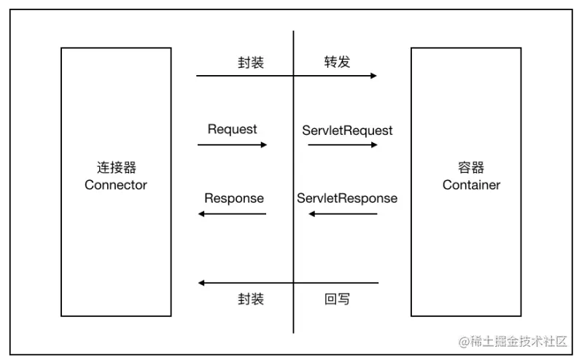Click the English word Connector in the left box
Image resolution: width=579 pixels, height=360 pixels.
tap(115, 185)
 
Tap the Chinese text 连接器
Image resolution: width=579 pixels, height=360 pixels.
tap(115, 167)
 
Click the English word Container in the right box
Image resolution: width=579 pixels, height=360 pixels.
tap(471, 185)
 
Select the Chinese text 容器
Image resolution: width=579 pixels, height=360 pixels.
tap(471, 167)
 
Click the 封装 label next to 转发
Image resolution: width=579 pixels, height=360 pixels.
tap(250, 62)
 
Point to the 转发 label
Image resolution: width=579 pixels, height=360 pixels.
tap(337, 62)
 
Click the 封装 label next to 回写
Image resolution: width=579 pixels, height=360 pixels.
tap(250, 299)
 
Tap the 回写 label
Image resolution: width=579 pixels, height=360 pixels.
tap(337, 299)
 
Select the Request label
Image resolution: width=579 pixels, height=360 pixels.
tap(232, 129)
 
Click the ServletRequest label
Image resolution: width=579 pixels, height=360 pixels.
tap(347, 130)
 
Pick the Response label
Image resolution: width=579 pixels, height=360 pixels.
tap(233, 198)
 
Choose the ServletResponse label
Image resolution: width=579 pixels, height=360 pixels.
tap(347, 198)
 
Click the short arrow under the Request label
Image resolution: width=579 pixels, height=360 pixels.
tap(232, 145)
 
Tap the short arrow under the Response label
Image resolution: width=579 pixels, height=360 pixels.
tap(232, 214)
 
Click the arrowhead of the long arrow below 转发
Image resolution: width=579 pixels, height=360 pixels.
tap(373, 76)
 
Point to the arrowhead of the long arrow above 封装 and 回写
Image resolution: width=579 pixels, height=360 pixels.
tap(202, 283)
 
